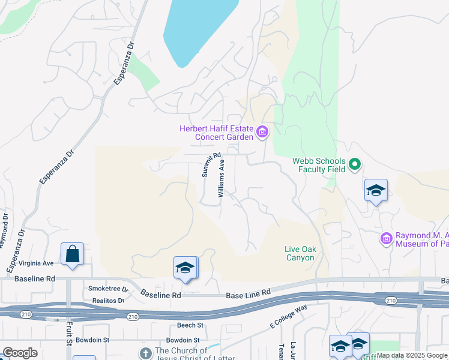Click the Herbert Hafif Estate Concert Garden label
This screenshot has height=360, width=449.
[x=217, y=133]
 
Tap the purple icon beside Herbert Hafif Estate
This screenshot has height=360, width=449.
[x=262, y=132]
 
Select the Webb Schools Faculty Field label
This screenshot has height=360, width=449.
[x=319, y=165]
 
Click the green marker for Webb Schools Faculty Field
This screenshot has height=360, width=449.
[x=354, y=164]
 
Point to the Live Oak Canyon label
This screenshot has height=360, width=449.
[x=300, y=253]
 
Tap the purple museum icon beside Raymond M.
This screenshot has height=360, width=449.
[x=386, y=239]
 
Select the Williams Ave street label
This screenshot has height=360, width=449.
[x=221, y=178]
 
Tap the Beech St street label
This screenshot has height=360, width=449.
[x=190, y=325]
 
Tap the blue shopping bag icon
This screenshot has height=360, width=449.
[x=72, y=254]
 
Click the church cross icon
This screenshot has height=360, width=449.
[x=145, y=353]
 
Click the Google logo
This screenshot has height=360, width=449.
[x=20, y=353]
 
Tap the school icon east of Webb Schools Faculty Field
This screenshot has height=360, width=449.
[x=376, y=191]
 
